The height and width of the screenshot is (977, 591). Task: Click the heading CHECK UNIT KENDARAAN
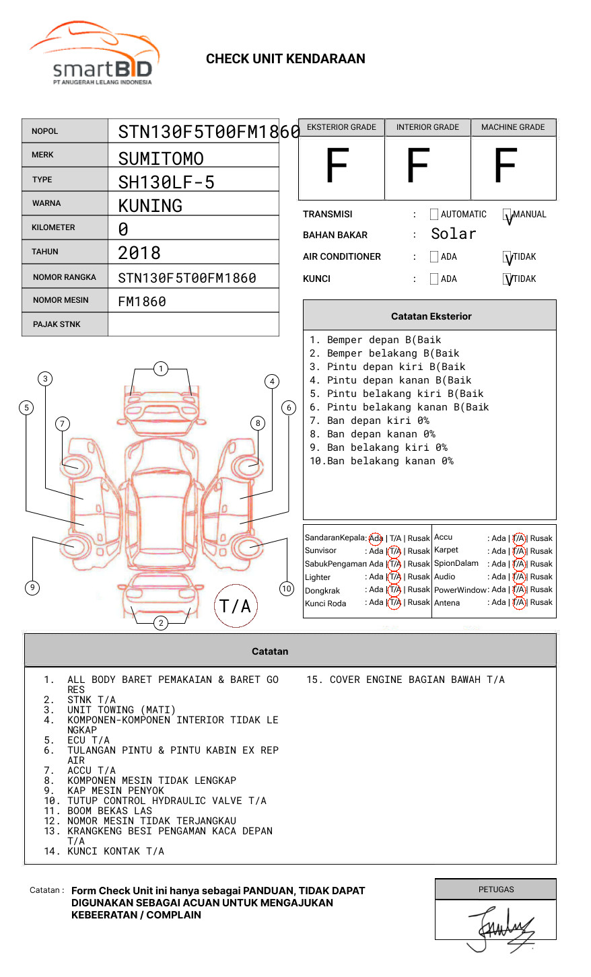(x=285, y=59)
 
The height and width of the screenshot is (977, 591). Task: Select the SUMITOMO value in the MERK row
(x=161, y=159)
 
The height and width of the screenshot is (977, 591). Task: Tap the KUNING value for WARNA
(x=150, y=206)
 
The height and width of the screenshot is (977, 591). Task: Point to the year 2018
(x=139, y=253)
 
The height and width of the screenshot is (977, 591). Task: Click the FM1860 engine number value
(x=142, y=301)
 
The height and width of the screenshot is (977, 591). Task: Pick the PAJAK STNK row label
(x=57, y=324)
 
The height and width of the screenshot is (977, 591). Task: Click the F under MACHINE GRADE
(x=505, y=166)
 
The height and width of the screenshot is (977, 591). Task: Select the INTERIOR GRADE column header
(x=427, y=127)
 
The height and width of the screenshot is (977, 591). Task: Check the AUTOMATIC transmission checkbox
(x=434, y=215)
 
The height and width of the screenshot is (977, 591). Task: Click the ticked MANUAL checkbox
(x=508, y=215)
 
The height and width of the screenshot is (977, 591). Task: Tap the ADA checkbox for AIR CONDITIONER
(x=434, y=257)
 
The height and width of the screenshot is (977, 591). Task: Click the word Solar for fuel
(x=453, y=234)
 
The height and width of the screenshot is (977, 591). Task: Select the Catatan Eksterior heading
(x=431, y=316)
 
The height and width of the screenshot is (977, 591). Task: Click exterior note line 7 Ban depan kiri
(x=370, y=421)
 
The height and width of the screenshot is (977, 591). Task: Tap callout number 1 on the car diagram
(x=160, y=369)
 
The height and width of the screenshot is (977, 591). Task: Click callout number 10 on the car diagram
(x=287, y=589)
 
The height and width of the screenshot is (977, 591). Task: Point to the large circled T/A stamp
(x=236, y=606)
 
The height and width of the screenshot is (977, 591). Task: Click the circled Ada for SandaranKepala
(x=376, y=538)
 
